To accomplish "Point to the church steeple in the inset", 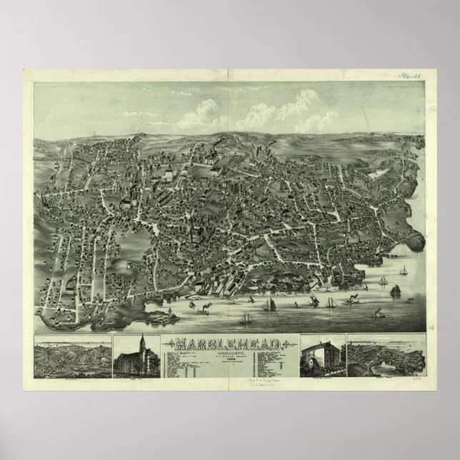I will tap(141, 342).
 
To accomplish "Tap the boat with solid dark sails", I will tap(395, 291).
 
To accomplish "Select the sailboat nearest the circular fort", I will tap(404, 271).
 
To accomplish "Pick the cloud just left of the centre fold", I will tap(200, 113).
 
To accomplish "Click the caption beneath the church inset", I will tap(136, 379).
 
